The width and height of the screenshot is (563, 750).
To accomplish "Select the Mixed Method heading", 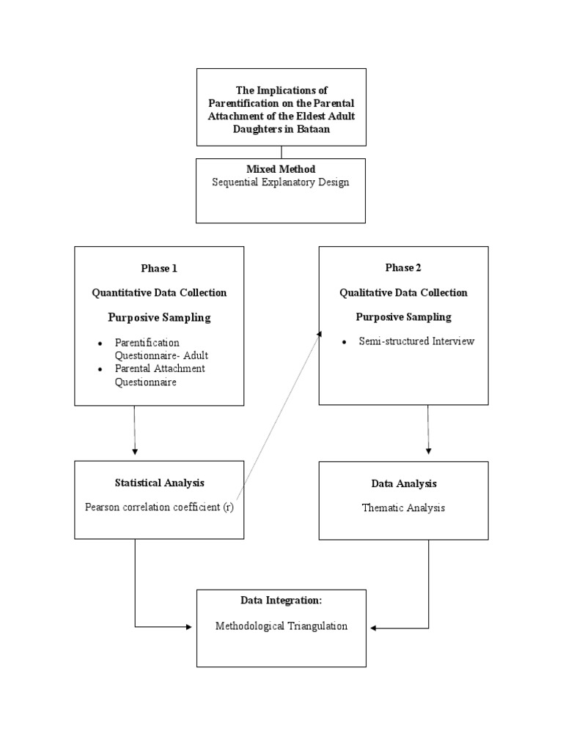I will [281, 169].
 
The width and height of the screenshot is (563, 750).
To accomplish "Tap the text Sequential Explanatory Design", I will [281, 182].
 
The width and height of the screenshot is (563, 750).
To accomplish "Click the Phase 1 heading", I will [159, 268].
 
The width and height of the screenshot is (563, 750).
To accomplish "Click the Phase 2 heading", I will [403, 268].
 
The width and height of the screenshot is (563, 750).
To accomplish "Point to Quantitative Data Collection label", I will [159, 293].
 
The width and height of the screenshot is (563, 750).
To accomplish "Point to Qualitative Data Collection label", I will [403, 293].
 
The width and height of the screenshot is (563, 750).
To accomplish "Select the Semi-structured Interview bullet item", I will [416, 341].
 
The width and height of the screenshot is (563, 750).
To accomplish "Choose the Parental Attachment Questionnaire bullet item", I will [159, 375].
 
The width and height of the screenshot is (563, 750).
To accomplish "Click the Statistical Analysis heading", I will [159, 483].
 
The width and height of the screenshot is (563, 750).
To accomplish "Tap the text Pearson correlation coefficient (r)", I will [159, 507].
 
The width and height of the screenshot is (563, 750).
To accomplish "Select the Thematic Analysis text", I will [403, 508].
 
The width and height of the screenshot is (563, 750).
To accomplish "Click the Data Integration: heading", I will [281, 601].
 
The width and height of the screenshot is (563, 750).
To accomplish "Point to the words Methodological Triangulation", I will [281, 626].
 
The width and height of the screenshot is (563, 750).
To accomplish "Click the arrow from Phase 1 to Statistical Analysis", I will [135, 432].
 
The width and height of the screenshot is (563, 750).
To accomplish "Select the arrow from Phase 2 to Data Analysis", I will [428, 432].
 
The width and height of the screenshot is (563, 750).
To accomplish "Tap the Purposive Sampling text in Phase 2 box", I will [403, 317].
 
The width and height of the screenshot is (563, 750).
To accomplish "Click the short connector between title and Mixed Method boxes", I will [281, 152].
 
